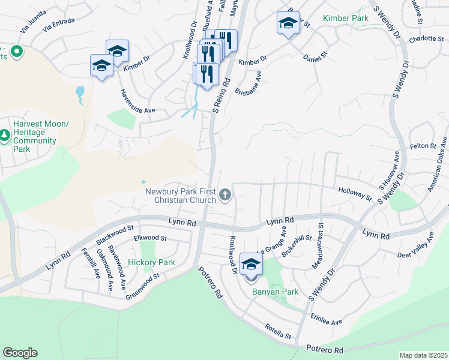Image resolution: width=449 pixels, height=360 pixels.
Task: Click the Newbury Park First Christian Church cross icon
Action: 226,194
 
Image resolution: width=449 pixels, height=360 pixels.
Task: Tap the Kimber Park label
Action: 345,19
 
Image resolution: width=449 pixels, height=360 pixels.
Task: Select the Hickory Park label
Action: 151,263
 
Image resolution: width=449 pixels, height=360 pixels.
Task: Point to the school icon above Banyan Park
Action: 251,265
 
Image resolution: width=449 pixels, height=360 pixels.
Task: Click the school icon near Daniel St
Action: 288,24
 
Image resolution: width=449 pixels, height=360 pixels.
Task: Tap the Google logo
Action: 20,353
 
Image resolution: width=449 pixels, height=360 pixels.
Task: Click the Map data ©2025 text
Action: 423,355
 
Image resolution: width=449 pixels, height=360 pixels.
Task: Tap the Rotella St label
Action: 279,332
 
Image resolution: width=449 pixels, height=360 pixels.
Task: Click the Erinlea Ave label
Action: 326,319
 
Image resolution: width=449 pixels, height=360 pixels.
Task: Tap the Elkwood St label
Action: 150,238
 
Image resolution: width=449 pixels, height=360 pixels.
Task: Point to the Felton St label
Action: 424,146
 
